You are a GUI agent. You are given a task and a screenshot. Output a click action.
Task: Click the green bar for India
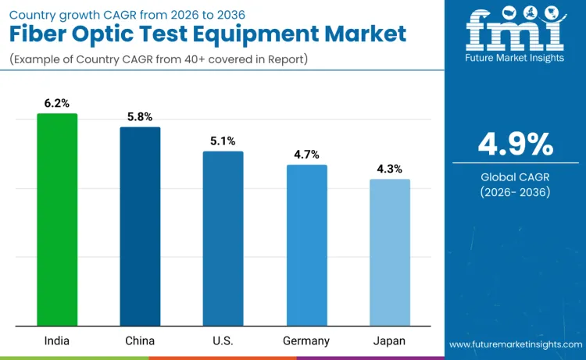[x=57, y=219]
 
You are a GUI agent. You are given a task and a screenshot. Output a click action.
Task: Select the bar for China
[x=140, y=226]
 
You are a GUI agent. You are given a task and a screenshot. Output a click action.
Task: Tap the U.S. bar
[x=223, y=238]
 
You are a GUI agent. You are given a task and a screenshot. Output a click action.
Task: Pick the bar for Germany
[x=306, y=245]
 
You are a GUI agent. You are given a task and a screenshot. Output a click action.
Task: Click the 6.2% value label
[x=57, y=103]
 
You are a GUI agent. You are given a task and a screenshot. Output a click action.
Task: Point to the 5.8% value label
[x=140, y=116]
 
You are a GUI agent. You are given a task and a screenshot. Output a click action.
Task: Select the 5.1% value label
[x=223, y=141]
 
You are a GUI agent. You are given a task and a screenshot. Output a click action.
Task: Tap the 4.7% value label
[x=306, y=155]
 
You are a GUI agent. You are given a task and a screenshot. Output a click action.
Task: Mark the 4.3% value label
[x=389, y=169]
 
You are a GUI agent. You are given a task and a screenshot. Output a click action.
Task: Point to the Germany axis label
[x=306, y=341]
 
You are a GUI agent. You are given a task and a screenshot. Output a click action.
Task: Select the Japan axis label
[x=389, y=341]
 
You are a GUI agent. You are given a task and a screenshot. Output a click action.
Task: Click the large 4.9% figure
[x=515, y=144]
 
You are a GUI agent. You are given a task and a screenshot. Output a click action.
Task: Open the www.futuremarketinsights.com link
[x=515, y=344]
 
